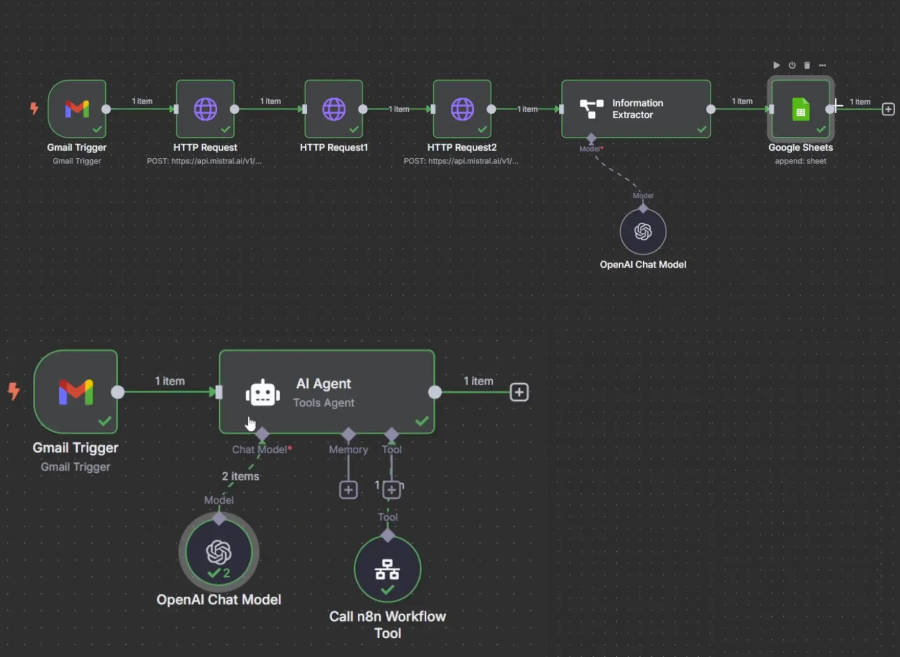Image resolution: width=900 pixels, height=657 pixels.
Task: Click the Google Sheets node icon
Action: point(801,109)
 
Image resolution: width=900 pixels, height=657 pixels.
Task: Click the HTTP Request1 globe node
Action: point(334,109)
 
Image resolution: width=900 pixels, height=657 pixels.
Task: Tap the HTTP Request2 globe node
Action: point(462,109)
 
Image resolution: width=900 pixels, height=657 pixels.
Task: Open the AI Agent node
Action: point(327,392)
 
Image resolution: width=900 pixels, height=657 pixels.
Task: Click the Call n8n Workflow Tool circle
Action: point(387,569)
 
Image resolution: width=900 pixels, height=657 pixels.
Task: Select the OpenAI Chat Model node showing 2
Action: point(219,552)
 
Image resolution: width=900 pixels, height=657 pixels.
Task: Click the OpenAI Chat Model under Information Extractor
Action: point(643,232)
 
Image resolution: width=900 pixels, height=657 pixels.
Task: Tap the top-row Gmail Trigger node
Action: point(77,109)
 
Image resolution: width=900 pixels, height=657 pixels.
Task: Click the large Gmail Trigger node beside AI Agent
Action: point(76,391)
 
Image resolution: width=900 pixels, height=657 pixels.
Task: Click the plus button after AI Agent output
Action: point(519,392)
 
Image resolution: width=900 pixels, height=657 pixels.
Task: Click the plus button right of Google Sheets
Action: point(888,109)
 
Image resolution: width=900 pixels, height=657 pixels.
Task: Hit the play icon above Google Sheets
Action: point(776,65)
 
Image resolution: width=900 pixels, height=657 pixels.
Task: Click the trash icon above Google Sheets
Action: point(807,65)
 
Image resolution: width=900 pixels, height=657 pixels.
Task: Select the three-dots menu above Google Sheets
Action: point(822,65)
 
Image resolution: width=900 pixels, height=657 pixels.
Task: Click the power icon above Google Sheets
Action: point(792,65)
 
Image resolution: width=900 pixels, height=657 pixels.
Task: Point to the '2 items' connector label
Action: point(240,476)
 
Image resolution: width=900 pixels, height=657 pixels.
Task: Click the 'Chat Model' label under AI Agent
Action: point(260,449)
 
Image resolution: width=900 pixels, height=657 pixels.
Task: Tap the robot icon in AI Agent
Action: point(263,393)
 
